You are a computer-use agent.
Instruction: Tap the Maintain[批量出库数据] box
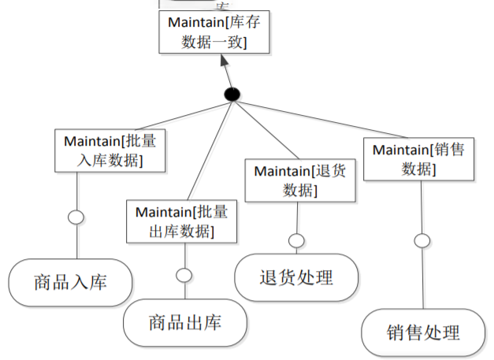(x=181, y=221)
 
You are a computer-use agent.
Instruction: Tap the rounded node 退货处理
(x=296, y=277)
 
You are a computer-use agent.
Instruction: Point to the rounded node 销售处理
(x=423, y=332)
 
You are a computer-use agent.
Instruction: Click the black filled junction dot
(x=232, y=95)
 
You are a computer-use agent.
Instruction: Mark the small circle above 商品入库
(x=76, y=217)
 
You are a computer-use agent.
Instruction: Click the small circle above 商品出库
(x=184, y=275)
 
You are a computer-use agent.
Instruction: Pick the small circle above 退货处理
(x=296, y=240)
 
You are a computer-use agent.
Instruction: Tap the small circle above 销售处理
(x=423, y=240)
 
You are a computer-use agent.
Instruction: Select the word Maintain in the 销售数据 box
(x=400, y=148)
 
